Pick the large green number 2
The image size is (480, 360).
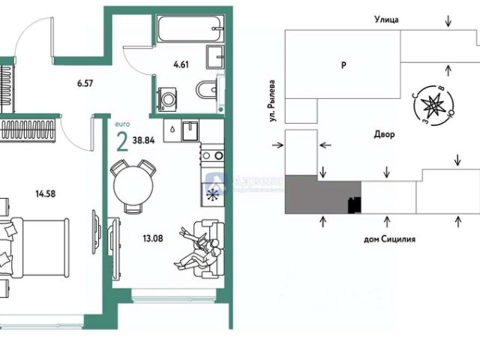click(x=121, y=139)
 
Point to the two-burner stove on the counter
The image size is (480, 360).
click(x=213, y=156)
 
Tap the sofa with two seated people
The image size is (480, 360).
click(x=202, y=244)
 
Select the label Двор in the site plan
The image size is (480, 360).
click(x=383, y=134)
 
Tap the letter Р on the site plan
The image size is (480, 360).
click(x=342, y=65)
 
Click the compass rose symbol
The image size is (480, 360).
click(x=433, y=106)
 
